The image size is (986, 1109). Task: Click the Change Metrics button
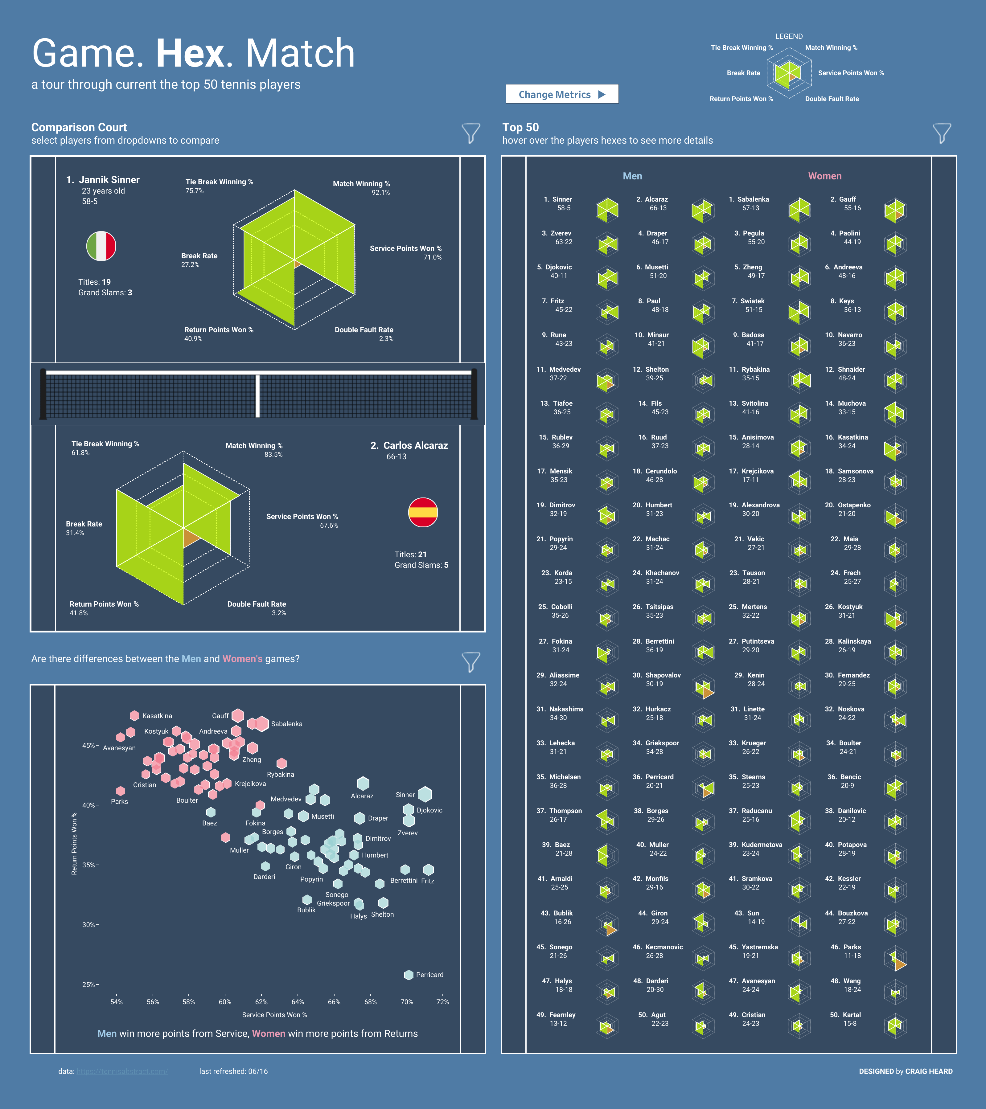[x=562, y=94]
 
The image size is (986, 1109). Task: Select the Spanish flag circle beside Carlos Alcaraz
[x=423, y=512]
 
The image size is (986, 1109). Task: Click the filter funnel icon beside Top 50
[x=942, y=133]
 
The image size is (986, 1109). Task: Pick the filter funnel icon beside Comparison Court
[x=470, y=133]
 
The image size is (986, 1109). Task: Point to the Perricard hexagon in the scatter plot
[x=409, y=975]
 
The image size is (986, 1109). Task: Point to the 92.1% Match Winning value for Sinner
[x=380, y=193]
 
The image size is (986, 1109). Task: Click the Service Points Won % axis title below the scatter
[x=274, y=1015]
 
